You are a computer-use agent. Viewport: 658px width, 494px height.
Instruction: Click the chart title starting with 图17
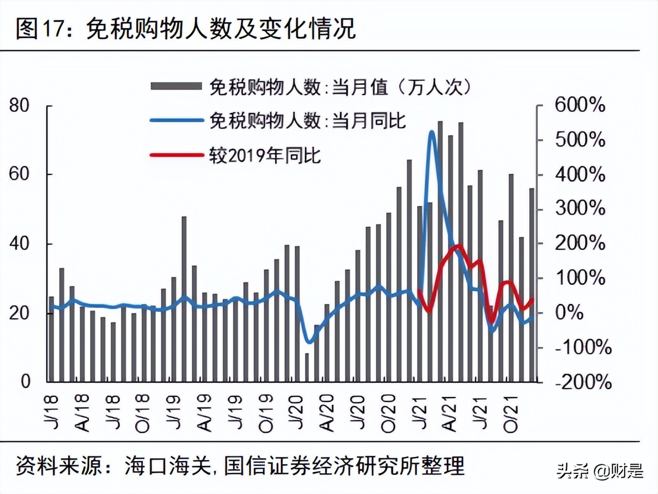pyautogui.click(x=186, y=28)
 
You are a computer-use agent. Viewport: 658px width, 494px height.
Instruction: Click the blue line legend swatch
pyautogui.click(x=176, y=121)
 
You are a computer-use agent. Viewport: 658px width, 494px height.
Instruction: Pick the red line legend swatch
pyautogui.click(x=176, y=155)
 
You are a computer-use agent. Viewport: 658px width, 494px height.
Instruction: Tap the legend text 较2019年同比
pyautogui.click(x=265, y=155)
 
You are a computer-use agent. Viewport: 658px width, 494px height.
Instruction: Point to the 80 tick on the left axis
pyautogui.click(x=20, y=106)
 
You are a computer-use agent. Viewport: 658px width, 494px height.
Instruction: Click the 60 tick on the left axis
pyautogui.click(x=20, y=174)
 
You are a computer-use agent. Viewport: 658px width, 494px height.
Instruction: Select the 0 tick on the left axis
pyautogui.click(x=25, y=382)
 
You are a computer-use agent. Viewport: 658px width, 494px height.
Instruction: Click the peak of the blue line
pyautogui.click(x=432, y=133)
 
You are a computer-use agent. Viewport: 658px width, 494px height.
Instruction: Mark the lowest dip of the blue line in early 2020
pyautogui.click(x=309, y=341)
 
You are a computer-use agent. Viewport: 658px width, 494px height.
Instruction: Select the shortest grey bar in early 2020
pyautogui.click(x=307, y=367)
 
